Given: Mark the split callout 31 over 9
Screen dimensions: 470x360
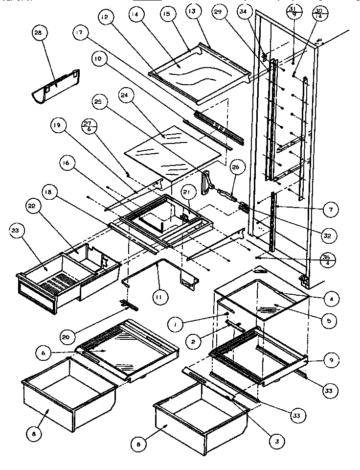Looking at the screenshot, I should point(292,12).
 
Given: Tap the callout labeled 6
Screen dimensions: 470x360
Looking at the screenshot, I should point(43,352).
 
